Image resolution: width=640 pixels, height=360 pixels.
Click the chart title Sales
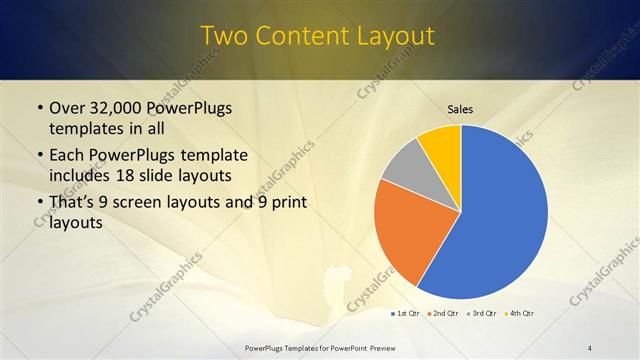click(460, 109)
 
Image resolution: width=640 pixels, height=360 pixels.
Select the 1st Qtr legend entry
click(405, 314)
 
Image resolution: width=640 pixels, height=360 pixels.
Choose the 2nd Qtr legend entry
click(444, 314)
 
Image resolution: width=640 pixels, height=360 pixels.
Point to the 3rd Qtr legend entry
click(482, 314)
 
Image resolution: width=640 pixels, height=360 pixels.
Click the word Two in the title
click(225, 36)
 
